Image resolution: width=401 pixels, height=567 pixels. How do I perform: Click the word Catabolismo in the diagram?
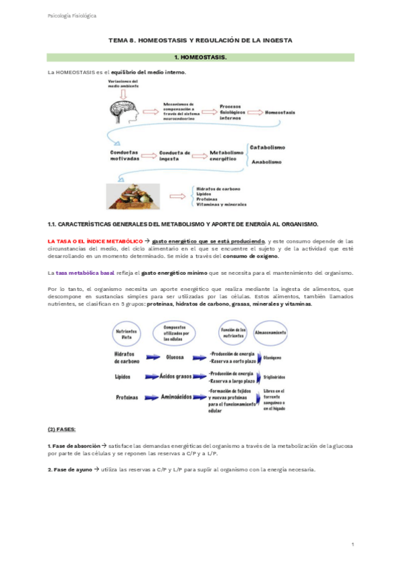268,147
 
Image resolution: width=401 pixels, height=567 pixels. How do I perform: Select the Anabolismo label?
267,161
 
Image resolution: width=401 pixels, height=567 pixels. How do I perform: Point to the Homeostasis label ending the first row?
281,112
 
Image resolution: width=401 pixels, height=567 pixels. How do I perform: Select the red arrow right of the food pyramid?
177,197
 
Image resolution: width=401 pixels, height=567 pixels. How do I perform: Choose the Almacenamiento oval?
270,332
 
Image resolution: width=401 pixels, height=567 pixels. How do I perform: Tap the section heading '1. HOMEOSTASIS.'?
200,58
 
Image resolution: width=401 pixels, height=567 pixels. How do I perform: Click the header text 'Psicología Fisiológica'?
70,15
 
